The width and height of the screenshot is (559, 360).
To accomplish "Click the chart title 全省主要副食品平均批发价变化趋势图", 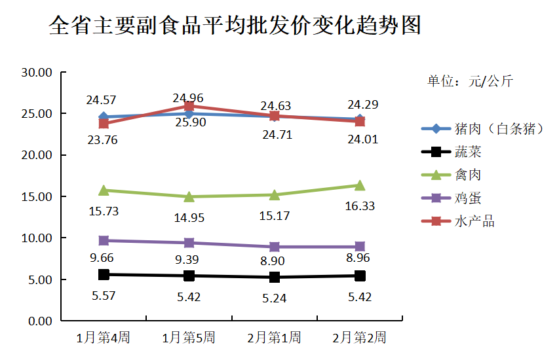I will [235, 26].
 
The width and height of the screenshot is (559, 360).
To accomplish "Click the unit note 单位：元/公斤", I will [470, 81].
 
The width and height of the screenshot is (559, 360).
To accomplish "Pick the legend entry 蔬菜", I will [468, 152].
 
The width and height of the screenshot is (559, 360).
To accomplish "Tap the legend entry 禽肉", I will [468, 175].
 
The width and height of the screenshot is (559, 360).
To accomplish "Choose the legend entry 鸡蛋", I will [468, 198].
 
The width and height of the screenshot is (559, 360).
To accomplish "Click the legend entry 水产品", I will [474, 221].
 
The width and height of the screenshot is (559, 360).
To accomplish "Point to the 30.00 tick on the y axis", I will [37, 73].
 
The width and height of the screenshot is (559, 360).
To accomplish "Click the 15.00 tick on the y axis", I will [37, 196].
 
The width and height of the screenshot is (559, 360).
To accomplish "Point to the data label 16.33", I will [359, 206].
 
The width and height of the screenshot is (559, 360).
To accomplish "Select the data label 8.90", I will [274, 261].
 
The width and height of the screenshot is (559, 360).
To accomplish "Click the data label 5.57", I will [104, 296].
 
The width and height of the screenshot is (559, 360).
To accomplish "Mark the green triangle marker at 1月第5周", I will [189, 196].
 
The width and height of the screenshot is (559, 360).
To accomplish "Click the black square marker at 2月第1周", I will [274, 277].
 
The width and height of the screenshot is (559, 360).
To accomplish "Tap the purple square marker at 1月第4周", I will [104, 240].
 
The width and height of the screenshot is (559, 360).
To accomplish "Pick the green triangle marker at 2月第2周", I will [359, 185].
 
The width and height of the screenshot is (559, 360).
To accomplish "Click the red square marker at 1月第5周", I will [189, 106].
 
